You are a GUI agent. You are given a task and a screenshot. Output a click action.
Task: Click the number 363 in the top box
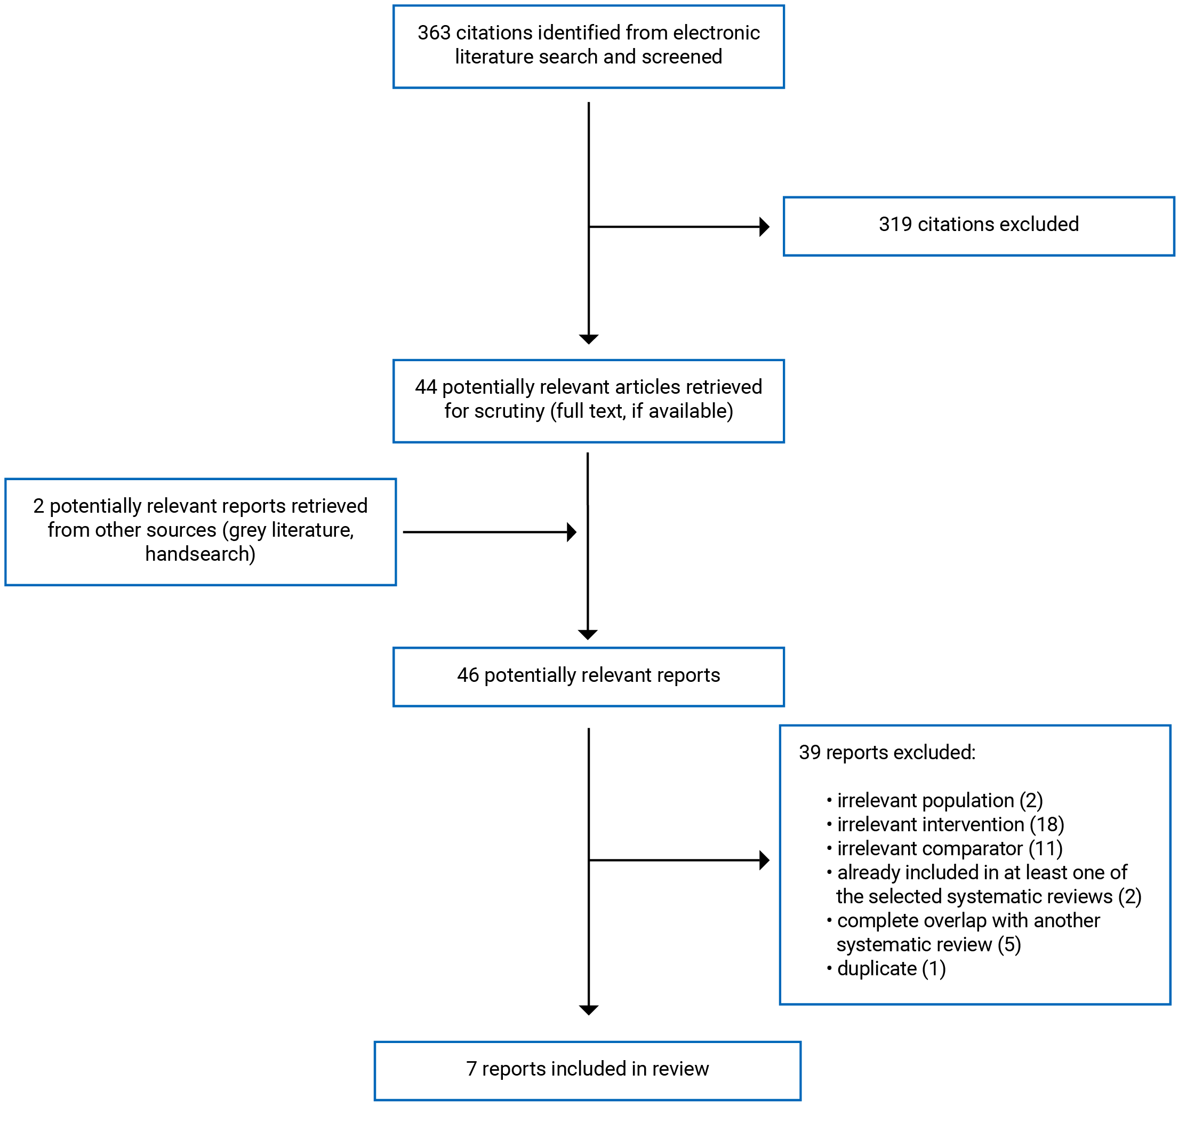(x=434, y=33)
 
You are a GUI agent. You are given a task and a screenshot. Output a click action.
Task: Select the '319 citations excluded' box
(x=979, y=226)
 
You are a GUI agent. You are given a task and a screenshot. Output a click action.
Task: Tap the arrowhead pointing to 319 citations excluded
(x=764, y=227)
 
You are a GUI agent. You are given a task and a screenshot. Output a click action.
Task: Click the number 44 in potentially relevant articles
(x=426, y=387)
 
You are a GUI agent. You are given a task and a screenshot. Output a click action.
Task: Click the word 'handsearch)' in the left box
(x=200, y=554)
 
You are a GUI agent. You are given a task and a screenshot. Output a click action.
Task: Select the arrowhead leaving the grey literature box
(x=571, y=532)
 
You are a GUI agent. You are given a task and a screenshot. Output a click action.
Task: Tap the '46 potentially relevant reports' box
(x=588, y=677)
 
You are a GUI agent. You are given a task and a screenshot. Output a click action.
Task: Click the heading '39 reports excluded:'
(x=887, y=752)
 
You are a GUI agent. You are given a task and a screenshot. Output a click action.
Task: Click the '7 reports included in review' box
(x=588, y=1069)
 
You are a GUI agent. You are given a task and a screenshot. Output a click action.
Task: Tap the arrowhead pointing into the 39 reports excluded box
(x=764, y=860)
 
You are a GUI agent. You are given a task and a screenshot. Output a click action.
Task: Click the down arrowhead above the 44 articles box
(x=589, y=339)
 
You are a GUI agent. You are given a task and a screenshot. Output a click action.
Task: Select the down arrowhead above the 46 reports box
(x=588, y=634)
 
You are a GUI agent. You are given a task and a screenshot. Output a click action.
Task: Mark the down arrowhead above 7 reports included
(x=589, y=1010)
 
